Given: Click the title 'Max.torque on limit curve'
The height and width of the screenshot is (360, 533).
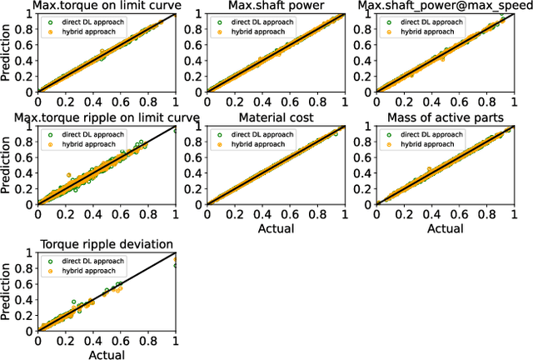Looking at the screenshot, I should click(x=107, y=7).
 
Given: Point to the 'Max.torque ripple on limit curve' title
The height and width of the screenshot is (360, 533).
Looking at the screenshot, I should click(x=107, y=118).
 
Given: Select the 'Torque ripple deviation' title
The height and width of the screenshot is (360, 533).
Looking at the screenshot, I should click(x=107, y=244).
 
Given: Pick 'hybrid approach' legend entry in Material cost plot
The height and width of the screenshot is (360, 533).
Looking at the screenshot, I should click(x=257, y=143).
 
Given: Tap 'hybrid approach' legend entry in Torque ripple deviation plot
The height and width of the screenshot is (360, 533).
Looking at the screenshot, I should click(x=87, y=271).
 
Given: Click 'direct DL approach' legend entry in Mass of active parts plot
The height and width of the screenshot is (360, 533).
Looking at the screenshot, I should click(x=431, y=133).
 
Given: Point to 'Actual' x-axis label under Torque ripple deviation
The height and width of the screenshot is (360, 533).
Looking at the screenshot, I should click(x=107, y=353).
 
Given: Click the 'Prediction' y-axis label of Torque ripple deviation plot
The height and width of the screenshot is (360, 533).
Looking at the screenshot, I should click(x=8, y=292).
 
